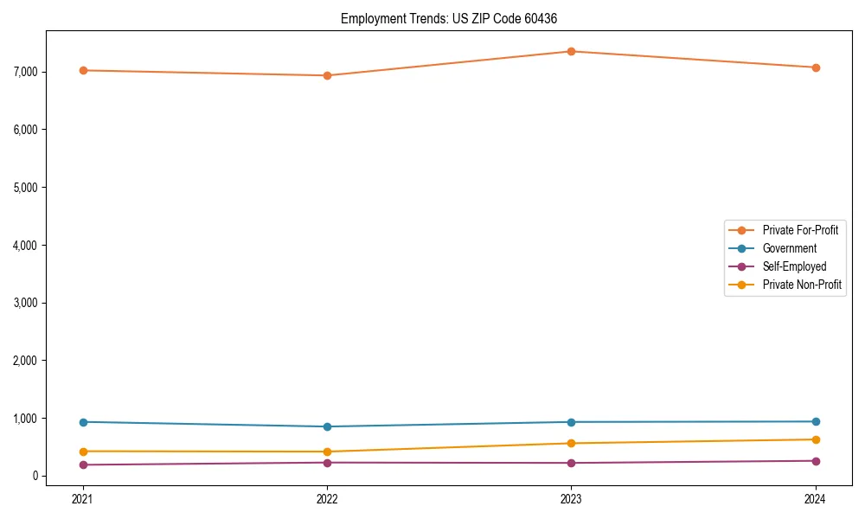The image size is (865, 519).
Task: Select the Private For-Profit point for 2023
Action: pos(571,51)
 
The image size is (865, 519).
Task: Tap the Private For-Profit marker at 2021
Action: pos(83,70)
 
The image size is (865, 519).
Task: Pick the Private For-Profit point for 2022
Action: pos(327,75)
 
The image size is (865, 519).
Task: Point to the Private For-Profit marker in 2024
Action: pos(815,67)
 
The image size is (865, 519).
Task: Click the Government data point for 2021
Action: pos(83,422)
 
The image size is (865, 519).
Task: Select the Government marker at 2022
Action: pos(327,426)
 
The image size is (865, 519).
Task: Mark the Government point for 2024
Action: pos(815,421)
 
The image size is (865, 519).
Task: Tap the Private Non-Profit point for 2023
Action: pos(571,444)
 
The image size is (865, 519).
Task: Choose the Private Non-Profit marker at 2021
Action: pos(83,452)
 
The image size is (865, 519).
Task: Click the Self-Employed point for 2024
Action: pos(815,461)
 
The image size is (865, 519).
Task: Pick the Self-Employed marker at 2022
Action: pos(327,463)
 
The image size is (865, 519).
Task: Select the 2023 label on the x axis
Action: pos(571,498)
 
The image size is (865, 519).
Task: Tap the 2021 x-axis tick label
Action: pos(83,498)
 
